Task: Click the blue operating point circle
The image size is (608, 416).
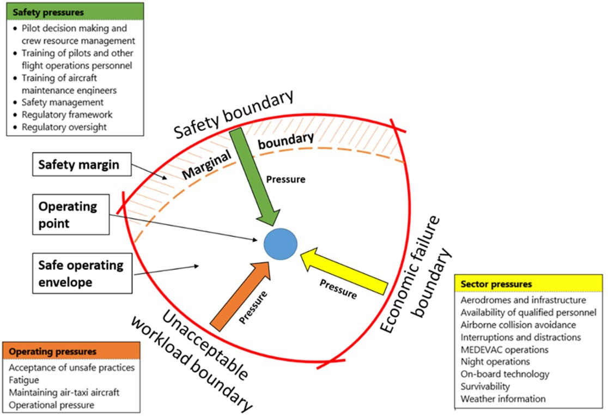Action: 281,244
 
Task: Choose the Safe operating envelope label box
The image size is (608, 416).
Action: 81,274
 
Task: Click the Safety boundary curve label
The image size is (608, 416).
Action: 234,115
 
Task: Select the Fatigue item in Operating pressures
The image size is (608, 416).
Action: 24,380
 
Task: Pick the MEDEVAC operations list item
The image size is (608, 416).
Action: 504,349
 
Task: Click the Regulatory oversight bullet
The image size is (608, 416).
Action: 64,127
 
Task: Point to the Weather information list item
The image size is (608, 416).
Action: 502,399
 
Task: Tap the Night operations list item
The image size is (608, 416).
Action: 495,361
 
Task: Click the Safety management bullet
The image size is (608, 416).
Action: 62,102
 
